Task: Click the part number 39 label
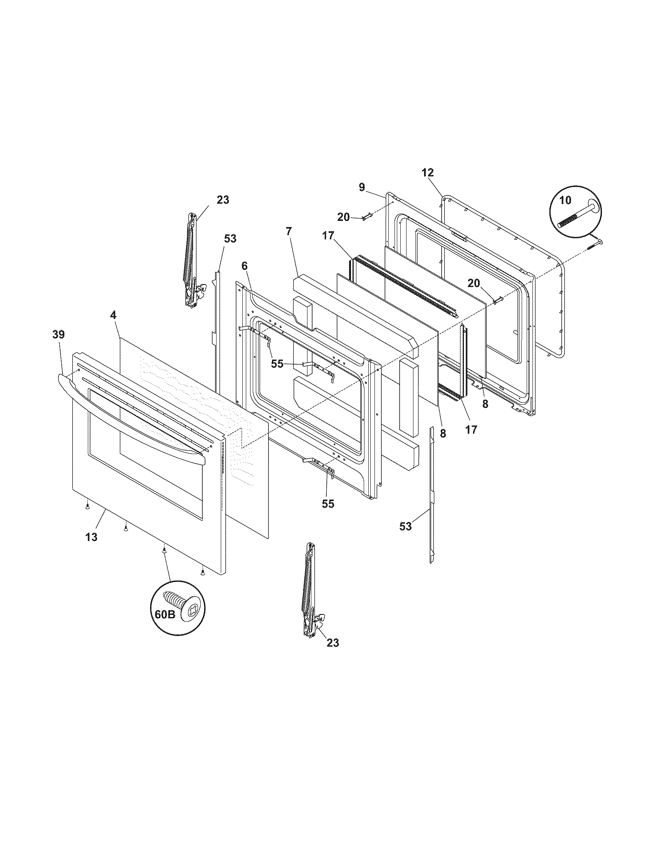[59, 334]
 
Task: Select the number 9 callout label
[362, 188]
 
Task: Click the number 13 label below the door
[92, 537]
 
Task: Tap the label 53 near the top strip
[230, 238]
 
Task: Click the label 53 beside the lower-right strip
[405, 526]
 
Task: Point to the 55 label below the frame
[328, 504]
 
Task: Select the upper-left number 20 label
[343, 217]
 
